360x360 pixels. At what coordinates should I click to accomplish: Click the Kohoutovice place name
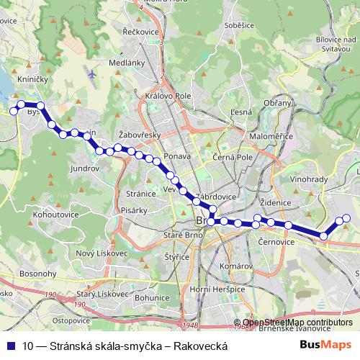(55, 215)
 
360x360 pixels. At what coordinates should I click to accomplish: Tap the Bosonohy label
(32, 274)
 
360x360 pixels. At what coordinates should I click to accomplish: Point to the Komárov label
(236, 266)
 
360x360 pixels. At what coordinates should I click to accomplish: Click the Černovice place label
(276, 243)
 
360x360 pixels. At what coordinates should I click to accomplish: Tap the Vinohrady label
(309, 179)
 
